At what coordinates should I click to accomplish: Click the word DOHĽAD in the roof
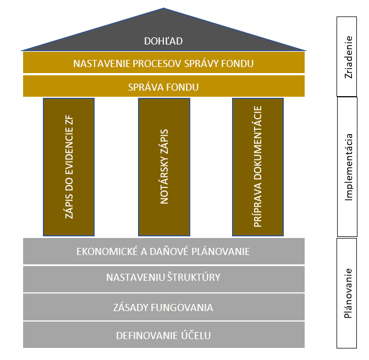tap(163, 41)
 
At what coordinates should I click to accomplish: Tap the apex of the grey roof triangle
tap(163, 9)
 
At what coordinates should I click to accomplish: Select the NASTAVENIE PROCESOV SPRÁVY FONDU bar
tap(163, 63)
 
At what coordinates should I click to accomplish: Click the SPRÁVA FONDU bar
tap(163, 87)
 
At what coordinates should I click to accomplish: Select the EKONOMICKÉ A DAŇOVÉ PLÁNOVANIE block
tap(163, 252)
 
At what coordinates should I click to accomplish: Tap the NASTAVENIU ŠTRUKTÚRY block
tap(163, 278)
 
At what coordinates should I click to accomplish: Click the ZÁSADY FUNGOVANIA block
tap(163, 307)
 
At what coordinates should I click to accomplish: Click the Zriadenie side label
tap(348, 57)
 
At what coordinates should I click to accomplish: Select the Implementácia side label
tap(348, 167)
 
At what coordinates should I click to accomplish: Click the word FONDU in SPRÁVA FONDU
tap(182, 87)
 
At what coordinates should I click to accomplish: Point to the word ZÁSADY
tap(130, 307)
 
